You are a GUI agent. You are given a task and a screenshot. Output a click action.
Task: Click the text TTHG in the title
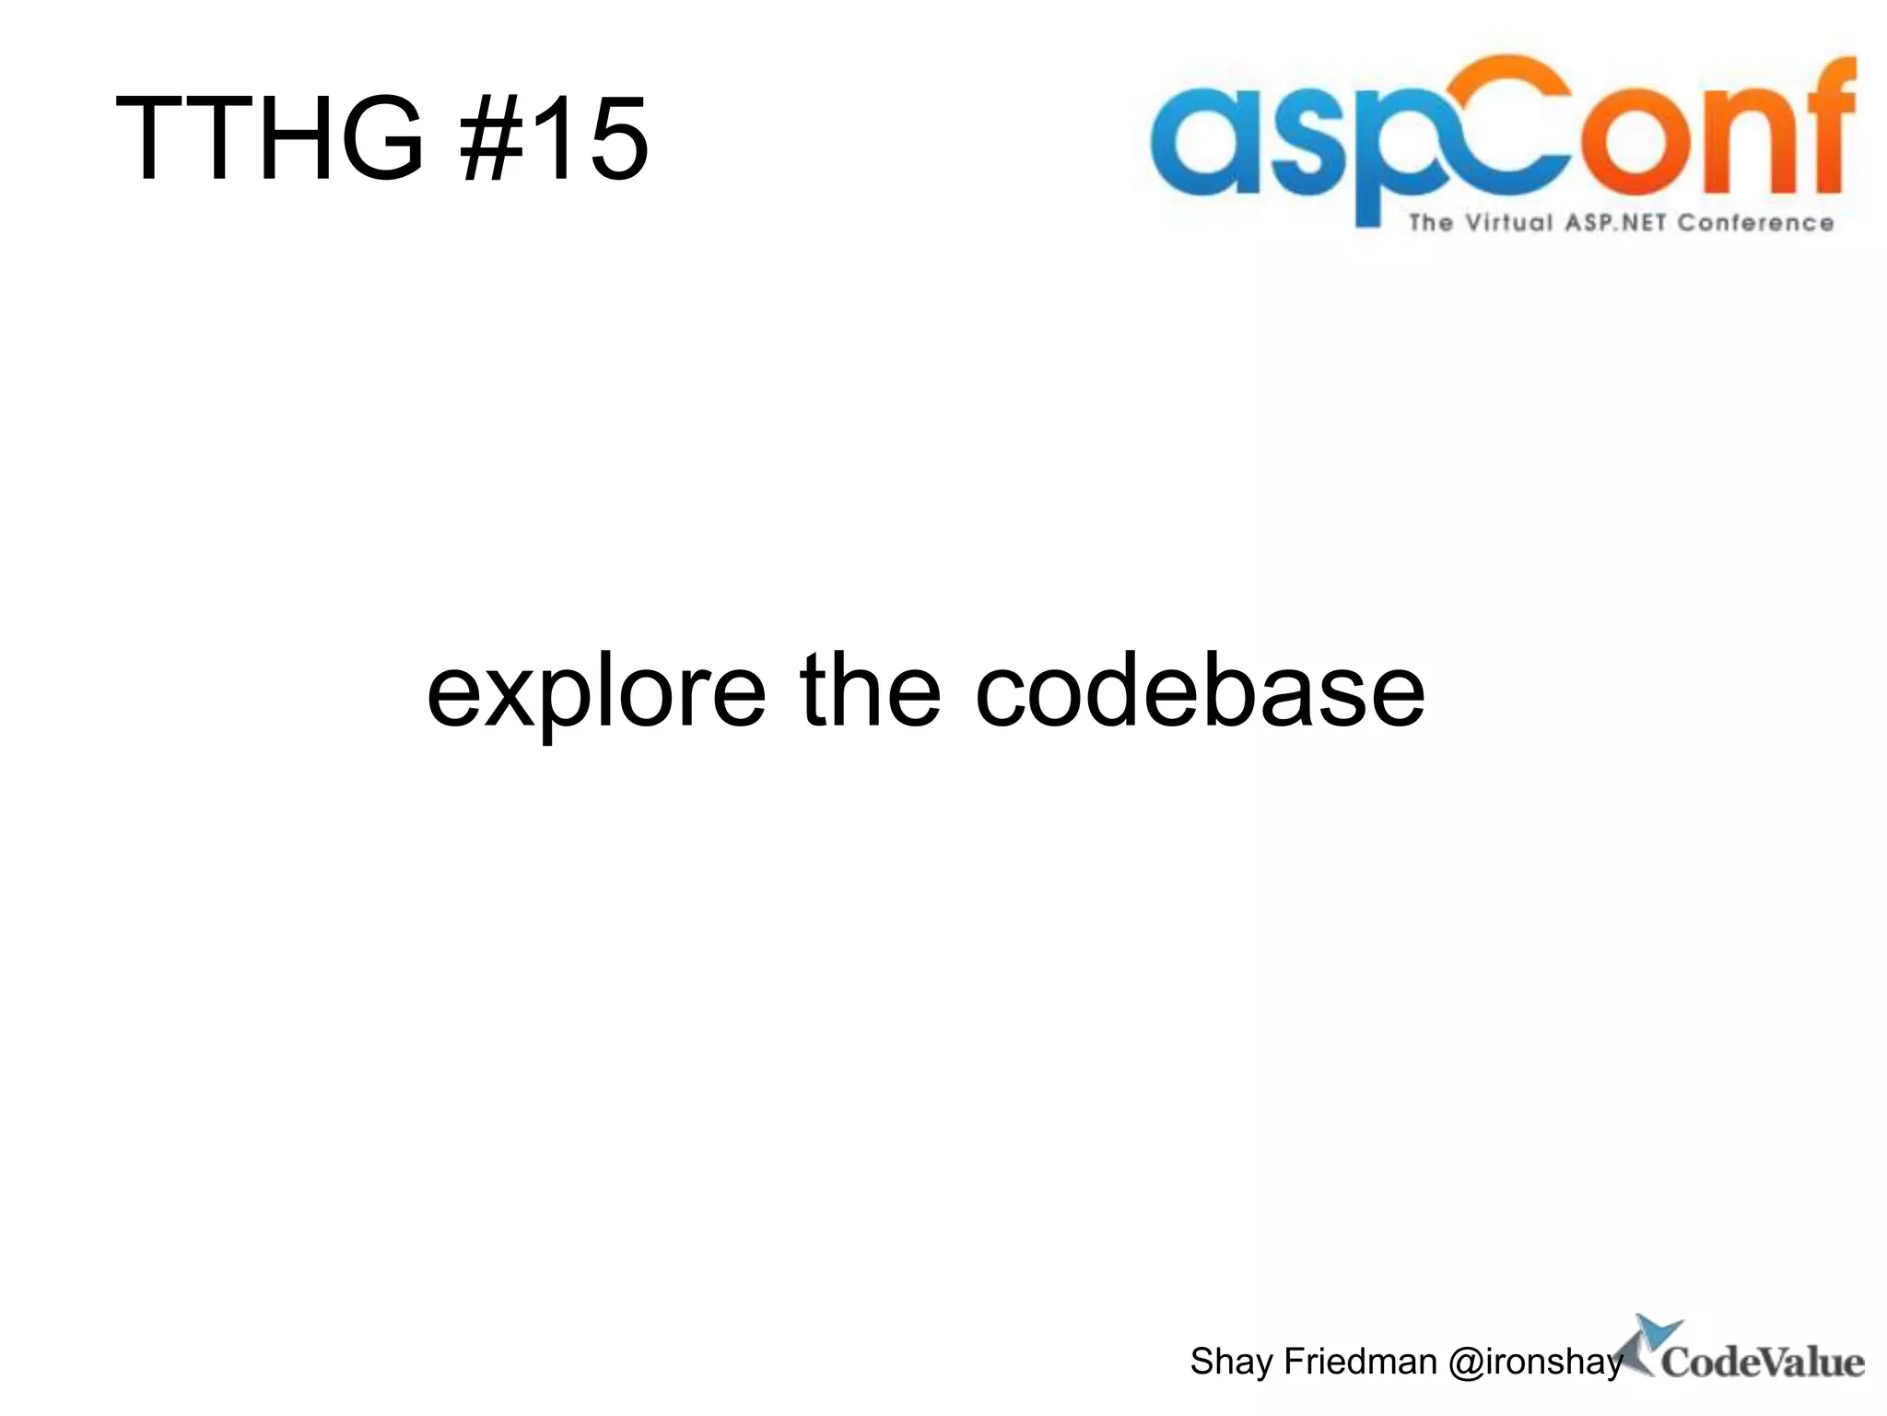coord(269,140)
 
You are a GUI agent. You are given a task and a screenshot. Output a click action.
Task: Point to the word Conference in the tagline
coord(1755,223)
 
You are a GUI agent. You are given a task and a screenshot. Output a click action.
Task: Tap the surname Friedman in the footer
coord(1360,1361)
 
